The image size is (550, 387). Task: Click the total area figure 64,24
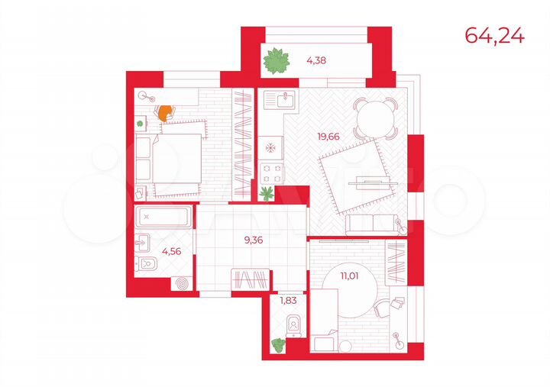[495, 35]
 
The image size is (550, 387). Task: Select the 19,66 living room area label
[329, 137]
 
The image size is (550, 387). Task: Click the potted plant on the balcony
[277, 61]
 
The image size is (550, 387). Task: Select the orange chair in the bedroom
[163, 112]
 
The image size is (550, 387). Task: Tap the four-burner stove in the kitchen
[271, 170]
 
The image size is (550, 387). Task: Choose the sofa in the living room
[373, 224]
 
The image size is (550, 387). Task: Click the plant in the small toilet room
[276, 346]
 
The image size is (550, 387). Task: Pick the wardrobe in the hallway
[251, 279]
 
